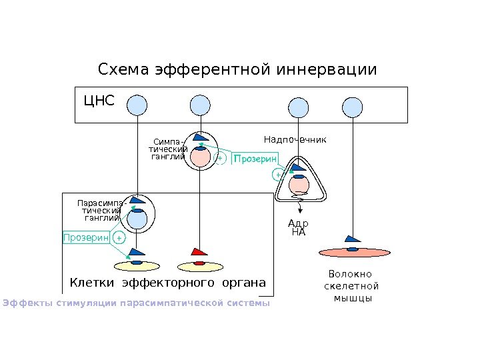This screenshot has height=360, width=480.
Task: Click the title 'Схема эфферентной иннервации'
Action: [237, 70]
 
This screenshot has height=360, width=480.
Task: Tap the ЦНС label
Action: [99, 101]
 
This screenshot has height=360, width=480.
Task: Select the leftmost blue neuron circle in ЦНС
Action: [137, 105]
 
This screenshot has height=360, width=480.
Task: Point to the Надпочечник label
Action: [295, 140]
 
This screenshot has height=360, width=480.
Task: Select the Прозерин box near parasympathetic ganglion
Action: [85, 237]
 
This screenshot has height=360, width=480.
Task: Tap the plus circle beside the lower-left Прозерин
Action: [119, 238]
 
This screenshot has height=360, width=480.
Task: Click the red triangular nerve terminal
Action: [199, 253]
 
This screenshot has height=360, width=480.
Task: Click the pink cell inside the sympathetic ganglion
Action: [199, 158]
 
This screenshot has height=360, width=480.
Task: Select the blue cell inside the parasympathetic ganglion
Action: [137, 218]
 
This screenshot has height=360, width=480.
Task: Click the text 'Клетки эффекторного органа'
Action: [167, 283]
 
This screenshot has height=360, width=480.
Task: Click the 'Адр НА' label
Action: [298, 228]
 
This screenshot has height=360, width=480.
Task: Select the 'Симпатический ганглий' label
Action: [168, 150]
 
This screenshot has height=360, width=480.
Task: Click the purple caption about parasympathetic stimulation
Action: [136, 304]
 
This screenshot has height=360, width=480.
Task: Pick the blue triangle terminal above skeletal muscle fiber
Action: [351, 238]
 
